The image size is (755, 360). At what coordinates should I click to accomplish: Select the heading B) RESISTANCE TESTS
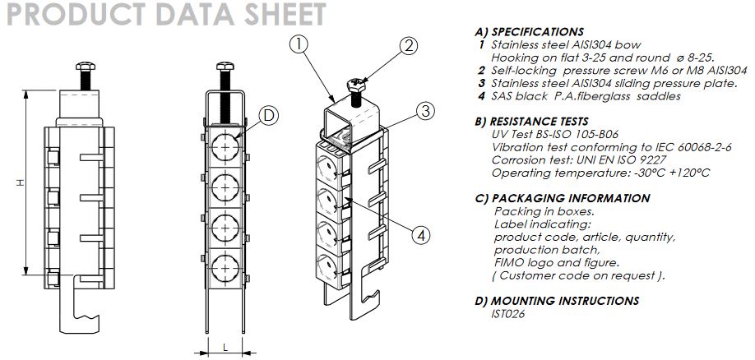538,122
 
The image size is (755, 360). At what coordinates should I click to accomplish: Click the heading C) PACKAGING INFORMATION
563,198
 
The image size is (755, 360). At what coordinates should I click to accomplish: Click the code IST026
508,313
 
